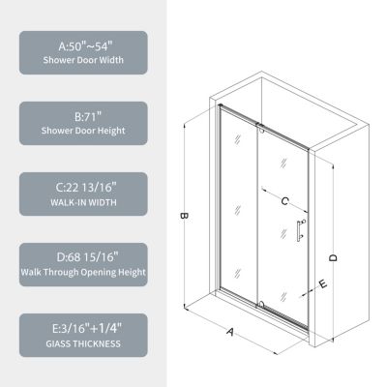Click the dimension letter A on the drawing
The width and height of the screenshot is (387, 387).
[x=232, y=331]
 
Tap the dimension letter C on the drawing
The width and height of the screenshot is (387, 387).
[x=284, y=201]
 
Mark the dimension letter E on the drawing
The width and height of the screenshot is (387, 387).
[x=321, y=284]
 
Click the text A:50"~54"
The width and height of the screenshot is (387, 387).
[x=82, y=45]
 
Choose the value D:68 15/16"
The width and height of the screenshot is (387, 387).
[x=82, y=257]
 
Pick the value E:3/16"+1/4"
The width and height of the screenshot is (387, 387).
[x=82, y=328]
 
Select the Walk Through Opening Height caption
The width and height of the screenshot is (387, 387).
[x=82, y=274]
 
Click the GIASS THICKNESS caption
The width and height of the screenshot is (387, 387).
[x=82, y=344]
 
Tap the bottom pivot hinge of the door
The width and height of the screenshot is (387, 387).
[x=260, y=304]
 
